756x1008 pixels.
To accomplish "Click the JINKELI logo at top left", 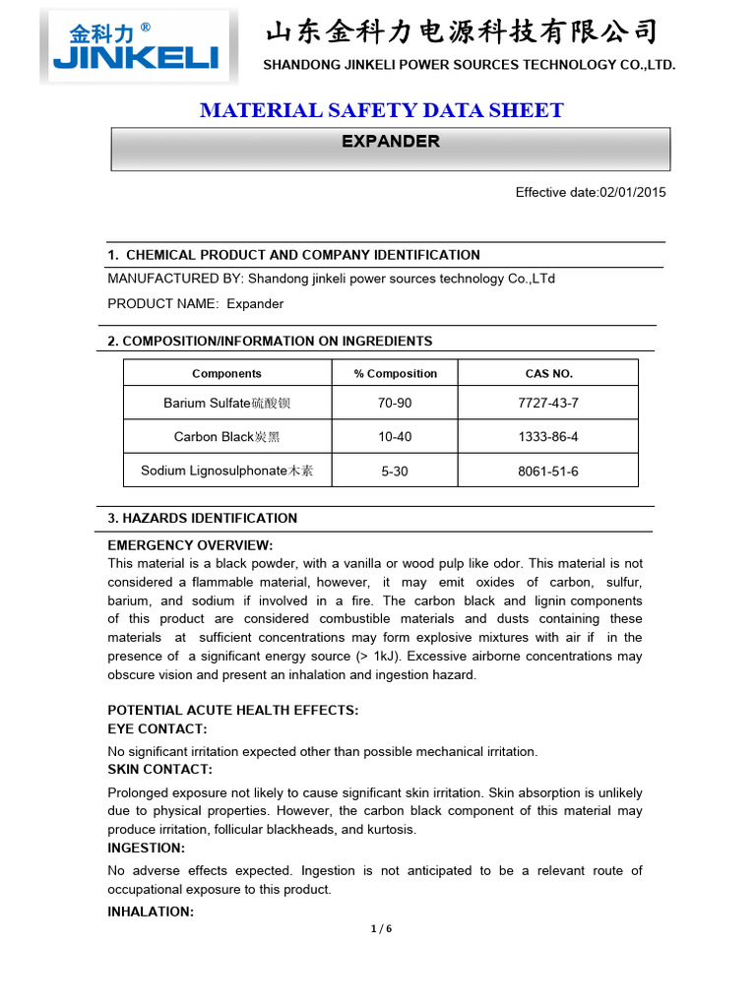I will point(139,46).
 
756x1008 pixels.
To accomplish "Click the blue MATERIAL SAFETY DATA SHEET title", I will point(381,110).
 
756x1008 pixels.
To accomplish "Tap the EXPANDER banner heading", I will point(390,142).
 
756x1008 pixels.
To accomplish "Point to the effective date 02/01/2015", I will point(591,192).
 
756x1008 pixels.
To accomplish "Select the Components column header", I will point(226,373).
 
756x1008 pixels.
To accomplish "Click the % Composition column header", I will point(395,373).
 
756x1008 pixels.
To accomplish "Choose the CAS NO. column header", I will point(548,373).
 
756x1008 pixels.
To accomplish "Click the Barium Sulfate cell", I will point(226,403).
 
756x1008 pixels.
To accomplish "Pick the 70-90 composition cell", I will point(395,403).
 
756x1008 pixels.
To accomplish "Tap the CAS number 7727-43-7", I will point(548,403).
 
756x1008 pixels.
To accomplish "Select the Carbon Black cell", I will point(226,436).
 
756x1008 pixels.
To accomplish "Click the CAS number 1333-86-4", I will point(548,436).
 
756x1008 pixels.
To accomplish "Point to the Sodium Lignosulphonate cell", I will point(226,471).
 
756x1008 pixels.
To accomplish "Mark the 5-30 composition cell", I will point(395,472).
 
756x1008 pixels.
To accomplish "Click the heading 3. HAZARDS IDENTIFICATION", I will point(202,518).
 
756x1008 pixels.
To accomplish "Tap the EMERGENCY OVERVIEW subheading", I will point(190,545).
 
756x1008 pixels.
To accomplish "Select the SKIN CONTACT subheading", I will point(159,769).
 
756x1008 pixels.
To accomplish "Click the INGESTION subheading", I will point(146,848).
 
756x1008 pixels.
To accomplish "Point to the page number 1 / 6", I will point(381,928).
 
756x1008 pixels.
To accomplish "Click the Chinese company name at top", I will point(462,32).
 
